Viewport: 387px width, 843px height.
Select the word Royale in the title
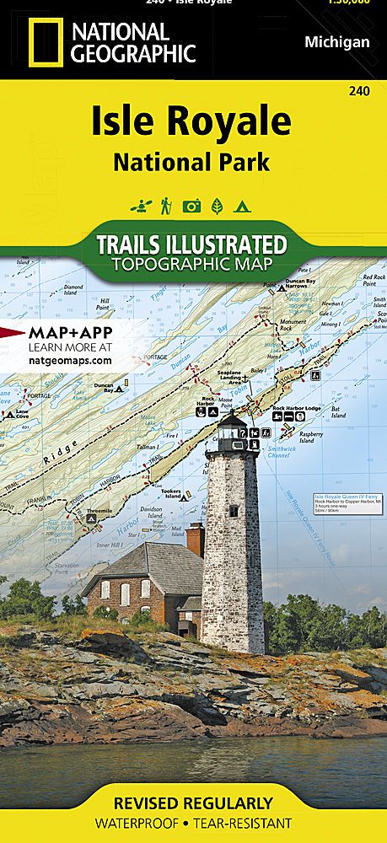coord(233,123)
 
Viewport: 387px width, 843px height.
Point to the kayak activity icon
coord(138,205)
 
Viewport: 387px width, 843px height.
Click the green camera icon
coord(191,205)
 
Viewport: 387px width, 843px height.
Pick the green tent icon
coord(242,205)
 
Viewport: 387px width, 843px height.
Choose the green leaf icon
coord(217,205)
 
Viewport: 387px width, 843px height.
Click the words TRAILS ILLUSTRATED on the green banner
coord(191,244)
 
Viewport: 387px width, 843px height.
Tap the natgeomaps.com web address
coord(70,360)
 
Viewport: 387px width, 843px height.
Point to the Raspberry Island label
coord(312,438)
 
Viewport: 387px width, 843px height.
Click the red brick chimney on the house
coord(195,540)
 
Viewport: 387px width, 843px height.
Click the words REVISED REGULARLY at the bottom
coord(194,803)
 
